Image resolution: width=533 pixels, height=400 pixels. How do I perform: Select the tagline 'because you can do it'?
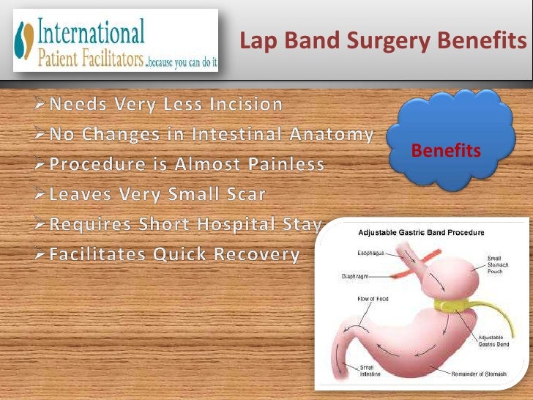182,64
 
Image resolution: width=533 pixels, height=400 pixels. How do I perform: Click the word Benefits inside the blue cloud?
446,151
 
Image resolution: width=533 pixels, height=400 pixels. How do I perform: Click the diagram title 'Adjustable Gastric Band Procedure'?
421,233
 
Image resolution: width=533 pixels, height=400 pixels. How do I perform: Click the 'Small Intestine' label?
368,371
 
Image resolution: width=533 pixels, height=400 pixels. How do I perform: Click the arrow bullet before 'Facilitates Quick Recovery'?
42,255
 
